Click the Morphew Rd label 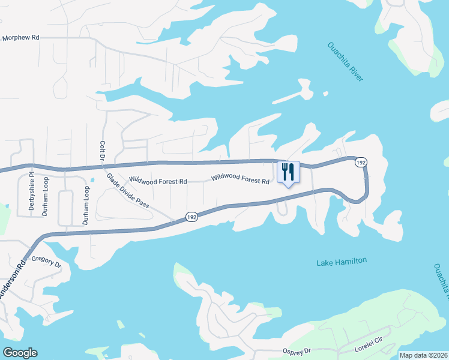[x=20, y=37]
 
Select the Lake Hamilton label [x=341, y=261]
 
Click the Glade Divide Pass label [x=128, y=191]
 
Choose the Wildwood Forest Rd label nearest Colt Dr [x=158, y=181]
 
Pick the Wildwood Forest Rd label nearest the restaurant [x=240, y=179]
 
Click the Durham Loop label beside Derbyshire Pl [x=46, y=196]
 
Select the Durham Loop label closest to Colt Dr [x=86, y=205]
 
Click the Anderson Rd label [x=13, y=280]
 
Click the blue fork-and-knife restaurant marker [x=288, y=172]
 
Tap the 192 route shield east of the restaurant [x=360, y=163]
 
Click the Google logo [x=20, y=353]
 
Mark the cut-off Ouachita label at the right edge [x=441, y=282]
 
